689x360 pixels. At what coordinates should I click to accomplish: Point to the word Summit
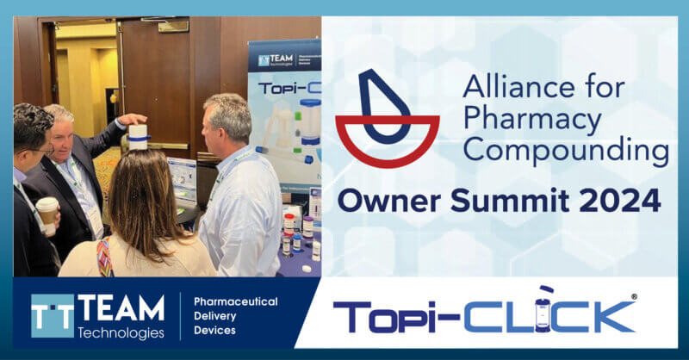[507, 202]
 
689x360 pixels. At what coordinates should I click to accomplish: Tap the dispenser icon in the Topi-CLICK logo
[546, 312]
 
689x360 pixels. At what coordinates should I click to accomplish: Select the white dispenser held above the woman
[138, 136]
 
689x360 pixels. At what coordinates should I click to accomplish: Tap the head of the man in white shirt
[227, 121]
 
